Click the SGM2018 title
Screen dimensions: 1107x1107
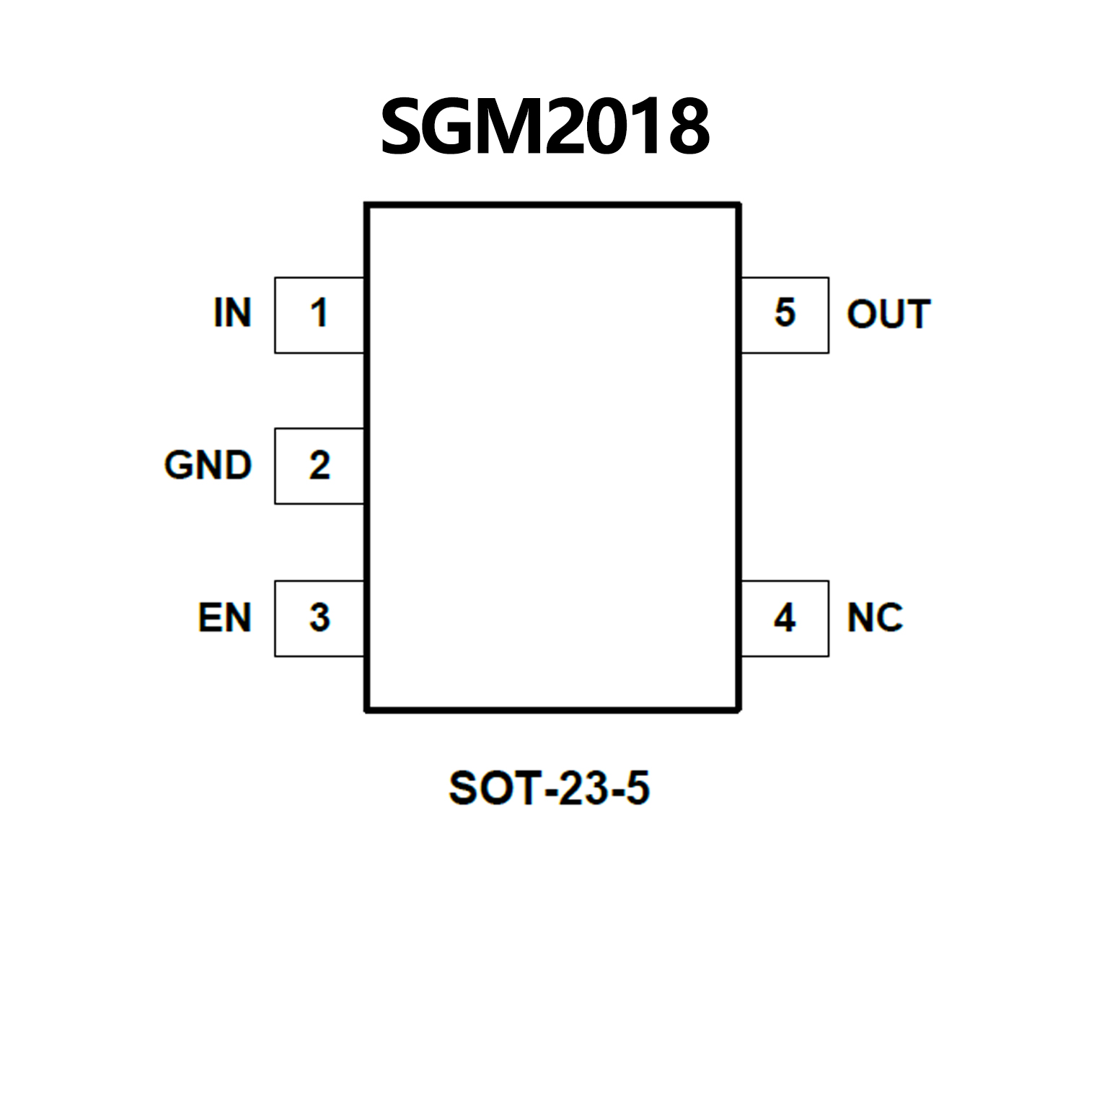(545, 127)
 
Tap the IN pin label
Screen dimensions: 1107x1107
(232, 313)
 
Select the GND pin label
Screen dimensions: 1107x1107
(208, 465)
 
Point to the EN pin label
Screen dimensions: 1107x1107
(224, 618)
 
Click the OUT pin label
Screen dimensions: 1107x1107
(888, 314)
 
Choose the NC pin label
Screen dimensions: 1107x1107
(875, 618)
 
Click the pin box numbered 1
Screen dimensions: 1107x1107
(319, 314)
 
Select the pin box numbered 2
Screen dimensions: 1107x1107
(319, 466)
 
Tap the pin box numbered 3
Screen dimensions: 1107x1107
(319, 618)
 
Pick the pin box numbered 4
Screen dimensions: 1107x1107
(785, 618)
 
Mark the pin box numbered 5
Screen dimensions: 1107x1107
(785, 314)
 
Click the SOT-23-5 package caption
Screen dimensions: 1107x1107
(549, 788)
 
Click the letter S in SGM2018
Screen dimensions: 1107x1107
(404, 127)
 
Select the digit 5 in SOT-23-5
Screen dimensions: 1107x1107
(638, 788)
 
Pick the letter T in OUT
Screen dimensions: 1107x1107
(917, 314)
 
